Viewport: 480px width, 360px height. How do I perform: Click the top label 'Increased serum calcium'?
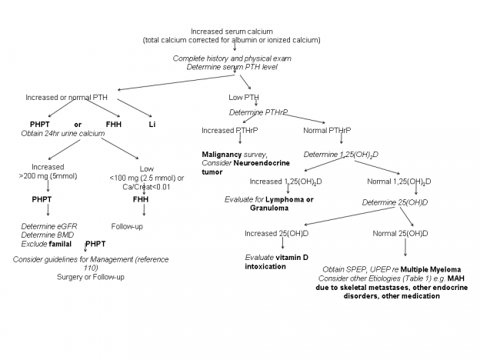(232, 32)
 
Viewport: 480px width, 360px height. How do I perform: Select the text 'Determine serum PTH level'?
(232, 67)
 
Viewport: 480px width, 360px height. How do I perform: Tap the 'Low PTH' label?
(244, 98)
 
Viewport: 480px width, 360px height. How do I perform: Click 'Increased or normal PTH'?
(66, 98)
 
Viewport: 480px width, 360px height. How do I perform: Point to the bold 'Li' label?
(152, 125)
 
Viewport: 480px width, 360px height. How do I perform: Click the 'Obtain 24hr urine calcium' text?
(63, 134)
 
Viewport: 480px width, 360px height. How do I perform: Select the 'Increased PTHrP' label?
(229, 131)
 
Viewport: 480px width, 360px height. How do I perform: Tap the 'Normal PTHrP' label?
(327, 131)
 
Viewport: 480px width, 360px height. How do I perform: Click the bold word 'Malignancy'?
(222, 155)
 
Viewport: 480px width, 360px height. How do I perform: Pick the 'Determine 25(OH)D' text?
(395, 202)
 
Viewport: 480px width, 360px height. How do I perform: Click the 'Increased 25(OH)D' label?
(276, 234)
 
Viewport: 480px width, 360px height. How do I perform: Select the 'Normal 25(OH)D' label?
(400, 234)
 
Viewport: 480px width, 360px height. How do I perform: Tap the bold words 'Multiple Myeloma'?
(431, 270)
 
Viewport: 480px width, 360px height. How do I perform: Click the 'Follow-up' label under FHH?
(127, 226)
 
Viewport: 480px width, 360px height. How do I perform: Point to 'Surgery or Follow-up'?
(91, 277)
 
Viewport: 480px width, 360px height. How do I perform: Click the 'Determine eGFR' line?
(49, 226)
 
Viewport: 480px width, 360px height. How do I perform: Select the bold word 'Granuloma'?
(269, 208)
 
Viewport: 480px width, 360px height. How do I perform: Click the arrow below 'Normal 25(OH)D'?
(405, 247)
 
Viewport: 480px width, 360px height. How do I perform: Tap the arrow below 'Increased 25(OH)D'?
(282, 243)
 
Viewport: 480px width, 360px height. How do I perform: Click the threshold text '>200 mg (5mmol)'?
(48, 176)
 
